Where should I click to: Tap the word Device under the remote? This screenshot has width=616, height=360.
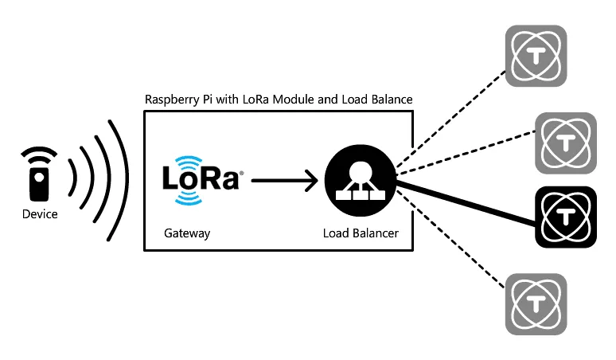click(39, 214)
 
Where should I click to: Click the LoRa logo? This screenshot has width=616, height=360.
click(201, 178)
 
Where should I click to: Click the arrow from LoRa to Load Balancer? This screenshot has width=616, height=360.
click(283, 181)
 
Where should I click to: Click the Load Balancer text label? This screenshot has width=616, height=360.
click(361, 233)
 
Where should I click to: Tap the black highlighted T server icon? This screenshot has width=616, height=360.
click(566, 216)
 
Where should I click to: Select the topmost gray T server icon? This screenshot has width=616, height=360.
click(536, 56)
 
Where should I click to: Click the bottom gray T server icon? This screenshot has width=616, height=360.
click(536, 304)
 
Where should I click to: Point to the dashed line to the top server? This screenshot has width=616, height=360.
click(450, 119)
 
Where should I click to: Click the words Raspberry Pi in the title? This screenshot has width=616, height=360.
click(174, 100)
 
